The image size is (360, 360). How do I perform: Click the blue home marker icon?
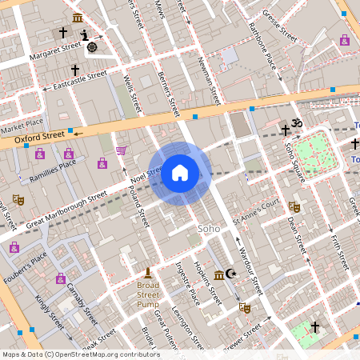pyautogui.click(x=180, y=173)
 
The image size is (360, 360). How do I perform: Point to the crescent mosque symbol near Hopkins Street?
pyautogui.click(x=231, y=274)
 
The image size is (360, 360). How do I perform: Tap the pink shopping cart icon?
pyautogui.click(x=121, y=150)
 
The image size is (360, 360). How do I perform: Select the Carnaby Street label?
pyautogui.click(x=82, y=298)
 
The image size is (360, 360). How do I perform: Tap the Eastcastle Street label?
pyautogui.click(x=79, y=79)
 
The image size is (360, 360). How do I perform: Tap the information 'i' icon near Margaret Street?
pyautogui.click(x=84, y=34)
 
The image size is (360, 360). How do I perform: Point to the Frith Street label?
pyautogui.click(x=338, y=249)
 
